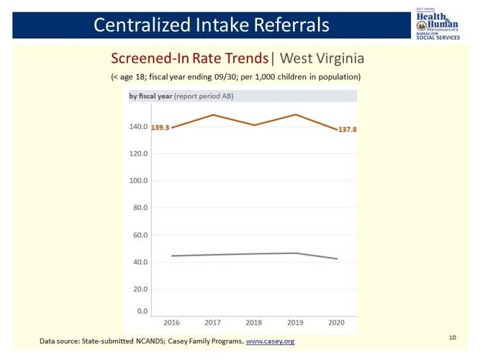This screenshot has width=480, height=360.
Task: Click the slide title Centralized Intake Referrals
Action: pos(212,24)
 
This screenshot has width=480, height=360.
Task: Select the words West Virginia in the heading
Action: pos(322,58)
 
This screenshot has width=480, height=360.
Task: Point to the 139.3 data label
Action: pos(160,127)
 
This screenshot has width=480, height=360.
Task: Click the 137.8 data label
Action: pos(348,130)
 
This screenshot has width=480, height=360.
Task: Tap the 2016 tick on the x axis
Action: pos(171,323)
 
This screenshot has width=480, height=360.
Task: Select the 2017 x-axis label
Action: pos(213,323)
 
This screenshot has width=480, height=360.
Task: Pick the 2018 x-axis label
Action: pos(254,323)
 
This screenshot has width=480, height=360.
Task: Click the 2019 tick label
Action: pos(296,323)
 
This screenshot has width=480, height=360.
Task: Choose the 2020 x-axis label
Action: pos(337,323)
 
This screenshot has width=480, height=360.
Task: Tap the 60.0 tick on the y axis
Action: pos(140,235)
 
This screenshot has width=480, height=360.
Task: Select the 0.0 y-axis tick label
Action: pos(142,312)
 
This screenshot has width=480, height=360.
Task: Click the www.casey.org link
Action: pos(270,341)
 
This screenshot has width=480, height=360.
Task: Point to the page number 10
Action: pos(452,336)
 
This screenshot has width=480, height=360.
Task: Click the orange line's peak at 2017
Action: pos(213,114)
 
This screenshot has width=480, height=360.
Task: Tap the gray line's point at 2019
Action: pos(296,253)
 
